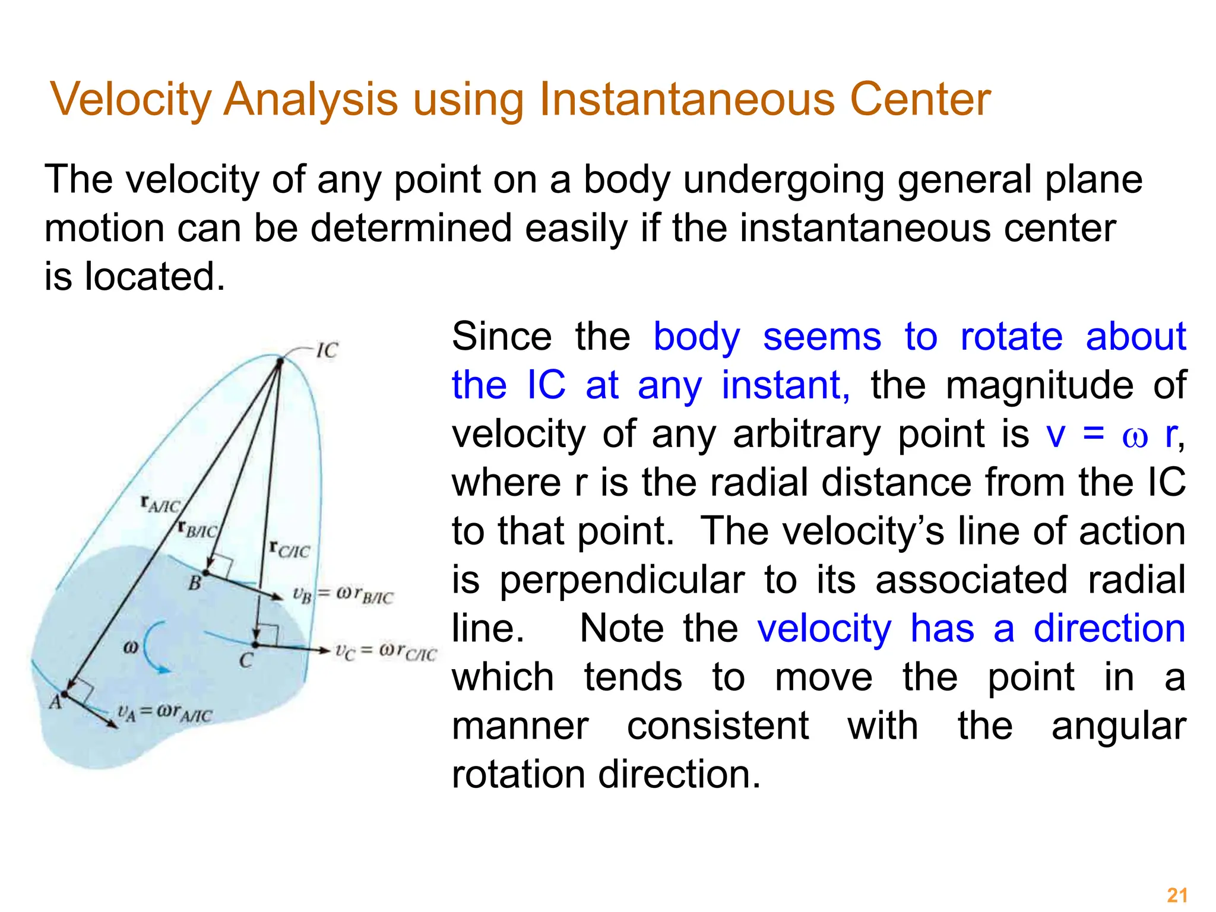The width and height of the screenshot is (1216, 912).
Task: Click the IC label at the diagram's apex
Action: click(x=327, y=350)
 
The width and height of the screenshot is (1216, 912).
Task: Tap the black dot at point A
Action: click(x=65, y=693)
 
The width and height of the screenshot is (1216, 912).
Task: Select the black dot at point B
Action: click(x=206, y=573)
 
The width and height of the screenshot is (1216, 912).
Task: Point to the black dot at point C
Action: click(x=255, y=644)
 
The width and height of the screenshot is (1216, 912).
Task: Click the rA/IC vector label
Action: click(x=160, y=505)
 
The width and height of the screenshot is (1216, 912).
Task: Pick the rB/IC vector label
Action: click(x=198, y=528)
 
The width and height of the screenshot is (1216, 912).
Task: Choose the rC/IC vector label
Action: click(x=289, y=549)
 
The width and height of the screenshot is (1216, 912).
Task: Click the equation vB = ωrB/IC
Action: click(x=343, y=595)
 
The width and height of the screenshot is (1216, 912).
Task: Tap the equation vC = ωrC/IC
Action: click(x=385, y=652)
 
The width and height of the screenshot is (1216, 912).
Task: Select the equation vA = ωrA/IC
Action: click(x=164, y=712)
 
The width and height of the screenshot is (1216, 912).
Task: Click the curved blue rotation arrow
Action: click(x=154, y=647)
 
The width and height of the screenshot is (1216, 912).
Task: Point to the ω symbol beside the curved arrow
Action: click(x=131, y=647)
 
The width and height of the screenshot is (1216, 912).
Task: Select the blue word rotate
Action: click(x=1011, y=337)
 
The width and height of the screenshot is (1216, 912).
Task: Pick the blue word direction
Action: click(x=1109, y=629)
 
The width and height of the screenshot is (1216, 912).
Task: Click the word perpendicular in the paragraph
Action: click(x=622, y=580)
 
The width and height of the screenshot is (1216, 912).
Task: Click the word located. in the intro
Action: click(x=154, y=277)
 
